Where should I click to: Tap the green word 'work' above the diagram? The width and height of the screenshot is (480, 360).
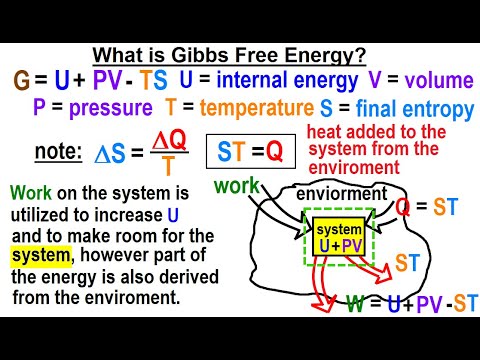(237, 187)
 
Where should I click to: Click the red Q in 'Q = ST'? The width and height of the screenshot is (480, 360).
(401, 207)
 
